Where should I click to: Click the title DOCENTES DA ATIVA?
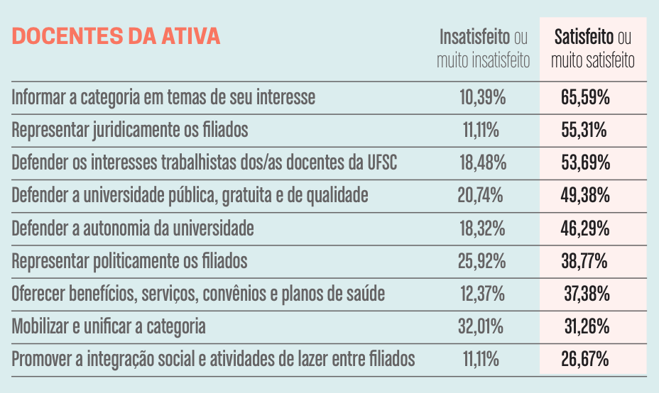pyautogui.click(x=116, y=37)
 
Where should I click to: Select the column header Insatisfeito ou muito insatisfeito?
pyautogui.click(x=484, y=48)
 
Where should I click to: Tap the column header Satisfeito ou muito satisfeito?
pyautogui.click(x=592, y=48)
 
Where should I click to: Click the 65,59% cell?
pyautogui.click(x=585, y=97)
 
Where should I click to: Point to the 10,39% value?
pyautogui.click(x=483, y=97)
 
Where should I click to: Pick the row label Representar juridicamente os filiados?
pyautogui.click(x=130, y=131)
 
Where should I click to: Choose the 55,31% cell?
pyautogui.click(x=585, y=131)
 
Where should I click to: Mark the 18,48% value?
pyautogui.click(x=483, y=163)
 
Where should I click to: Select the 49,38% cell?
pyautogui.click(x=585, y=196)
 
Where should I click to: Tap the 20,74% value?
pyautogui.click(x=482, y=196)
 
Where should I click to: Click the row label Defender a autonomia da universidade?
pyautogui.click(x=133, y=228)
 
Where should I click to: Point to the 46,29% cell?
pyautogui.click(x=585, y=228)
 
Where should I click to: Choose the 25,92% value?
pyautogui.click(x=482, y=261)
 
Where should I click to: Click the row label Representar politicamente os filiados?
pyautogui.click(x=130, y=261)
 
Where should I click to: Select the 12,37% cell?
pyautogui.click(x=483, y=294)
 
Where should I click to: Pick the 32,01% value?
pyautogui.click(x=482, y=326)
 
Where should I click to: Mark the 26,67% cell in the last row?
pyautogui.click(x=585, y=360)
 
